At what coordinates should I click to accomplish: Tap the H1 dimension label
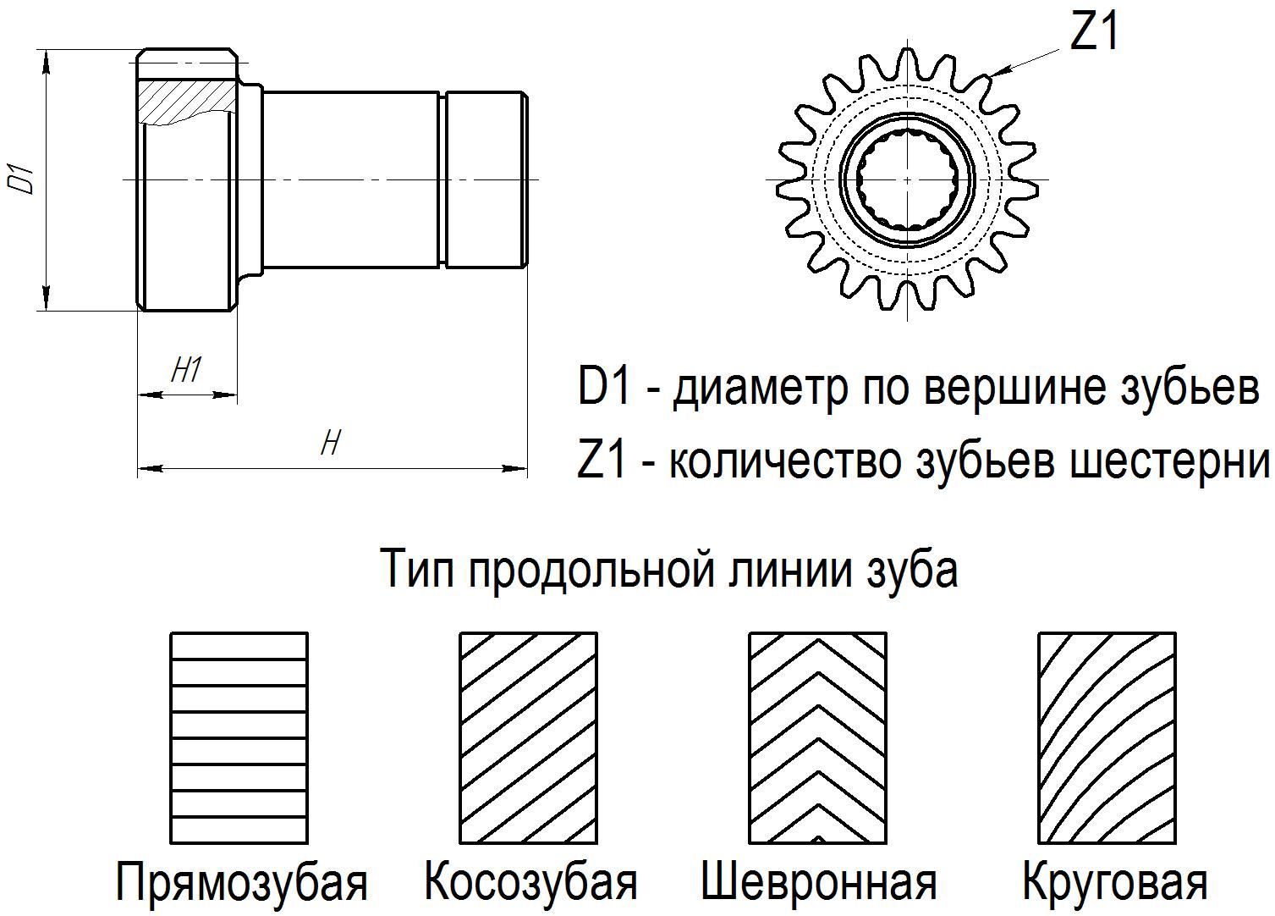[187, 369]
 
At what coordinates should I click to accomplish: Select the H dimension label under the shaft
[331, 443]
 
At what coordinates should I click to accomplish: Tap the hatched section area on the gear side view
[188, 102]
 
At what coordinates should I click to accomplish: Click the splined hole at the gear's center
[906, 179]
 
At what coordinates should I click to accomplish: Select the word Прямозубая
[242, 882]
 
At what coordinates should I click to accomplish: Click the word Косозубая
[530, 882]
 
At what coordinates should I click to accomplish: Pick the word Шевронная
[818, 882]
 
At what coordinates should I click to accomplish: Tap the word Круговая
[1115, 882]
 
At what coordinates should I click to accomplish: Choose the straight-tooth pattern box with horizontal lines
[239, 737]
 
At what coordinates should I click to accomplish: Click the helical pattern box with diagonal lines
[529, 737]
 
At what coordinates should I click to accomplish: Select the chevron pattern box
[818, 737]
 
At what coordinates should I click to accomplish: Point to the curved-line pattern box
[1107, 737]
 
